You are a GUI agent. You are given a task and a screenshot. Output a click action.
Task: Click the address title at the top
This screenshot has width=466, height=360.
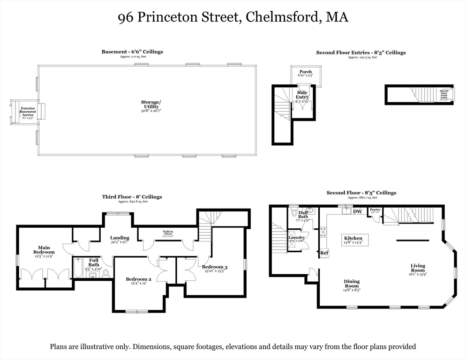pos(233,18)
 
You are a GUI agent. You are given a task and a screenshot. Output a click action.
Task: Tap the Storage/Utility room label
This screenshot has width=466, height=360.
pos(151,104)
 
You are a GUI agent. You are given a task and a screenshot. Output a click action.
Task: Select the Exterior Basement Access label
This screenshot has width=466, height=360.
pos(28,111)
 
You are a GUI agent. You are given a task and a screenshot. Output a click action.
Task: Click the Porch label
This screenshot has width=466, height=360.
pos(306,72)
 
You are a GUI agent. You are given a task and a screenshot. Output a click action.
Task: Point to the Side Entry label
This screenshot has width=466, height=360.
pos(302,95)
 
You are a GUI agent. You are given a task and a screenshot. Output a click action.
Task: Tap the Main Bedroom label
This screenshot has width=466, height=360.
pos(44,249)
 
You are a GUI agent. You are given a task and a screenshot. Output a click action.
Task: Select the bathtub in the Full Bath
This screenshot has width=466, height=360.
pos(78,269)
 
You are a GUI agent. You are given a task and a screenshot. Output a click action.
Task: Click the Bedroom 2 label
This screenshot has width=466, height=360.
pos(138,280)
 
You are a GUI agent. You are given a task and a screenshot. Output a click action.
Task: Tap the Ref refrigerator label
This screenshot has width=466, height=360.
pos(324,253)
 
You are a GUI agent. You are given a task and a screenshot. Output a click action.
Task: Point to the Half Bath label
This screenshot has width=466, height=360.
pos(303,214)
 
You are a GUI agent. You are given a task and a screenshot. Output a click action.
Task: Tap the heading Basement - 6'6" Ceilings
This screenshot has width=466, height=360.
pos(132,52)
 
